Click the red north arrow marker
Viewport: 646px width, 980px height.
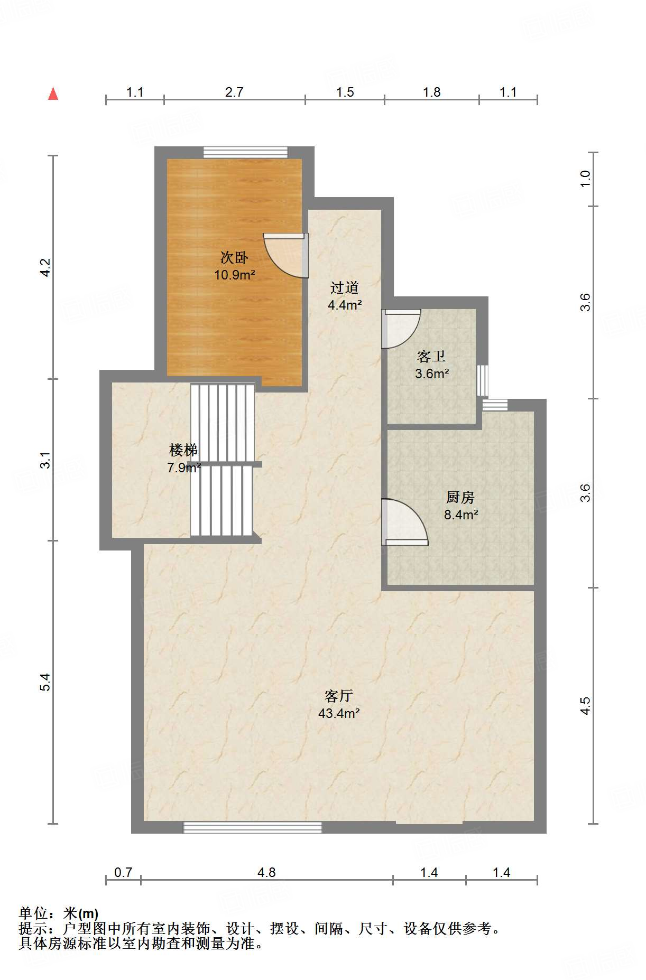click(53, 94)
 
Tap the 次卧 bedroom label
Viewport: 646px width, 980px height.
click(234, 257)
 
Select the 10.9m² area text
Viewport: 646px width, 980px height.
click(235, 275)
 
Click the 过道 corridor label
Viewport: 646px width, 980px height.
click(345, 287)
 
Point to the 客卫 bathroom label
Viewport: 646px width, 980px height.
click(431, 356)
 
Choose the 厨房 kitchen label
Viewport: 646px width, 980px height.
click(460, 497)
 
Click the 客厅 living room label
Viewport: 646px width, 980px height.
click(339, 696)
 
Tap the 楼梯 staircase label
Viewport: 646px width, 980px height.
click(183, 450)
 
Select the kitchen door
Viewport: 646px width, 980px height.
click(405, 521)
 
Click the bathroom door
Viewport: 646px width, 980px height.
click(401, 329)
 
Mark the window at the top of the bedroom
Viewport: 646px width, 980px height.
click(246, 152)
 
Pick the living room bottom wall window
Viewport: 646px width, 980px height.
click(253, 828)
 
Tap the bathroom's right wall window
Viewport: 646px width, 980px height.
click(482, 380)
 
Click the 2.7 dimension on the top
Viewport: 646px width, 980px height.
click(234, 92)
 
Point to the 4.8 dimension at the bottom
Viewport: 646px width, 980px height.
click(266, 872)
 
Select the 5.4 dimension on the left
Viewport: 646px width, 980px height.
click(46, 682)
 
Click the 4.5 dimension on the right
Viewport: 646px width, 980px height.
click(585, 706)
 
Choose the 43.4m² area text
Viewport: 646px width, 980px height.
click(339, 713)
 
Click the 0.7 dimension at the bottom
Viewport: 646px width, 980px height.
click(123, 872)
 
